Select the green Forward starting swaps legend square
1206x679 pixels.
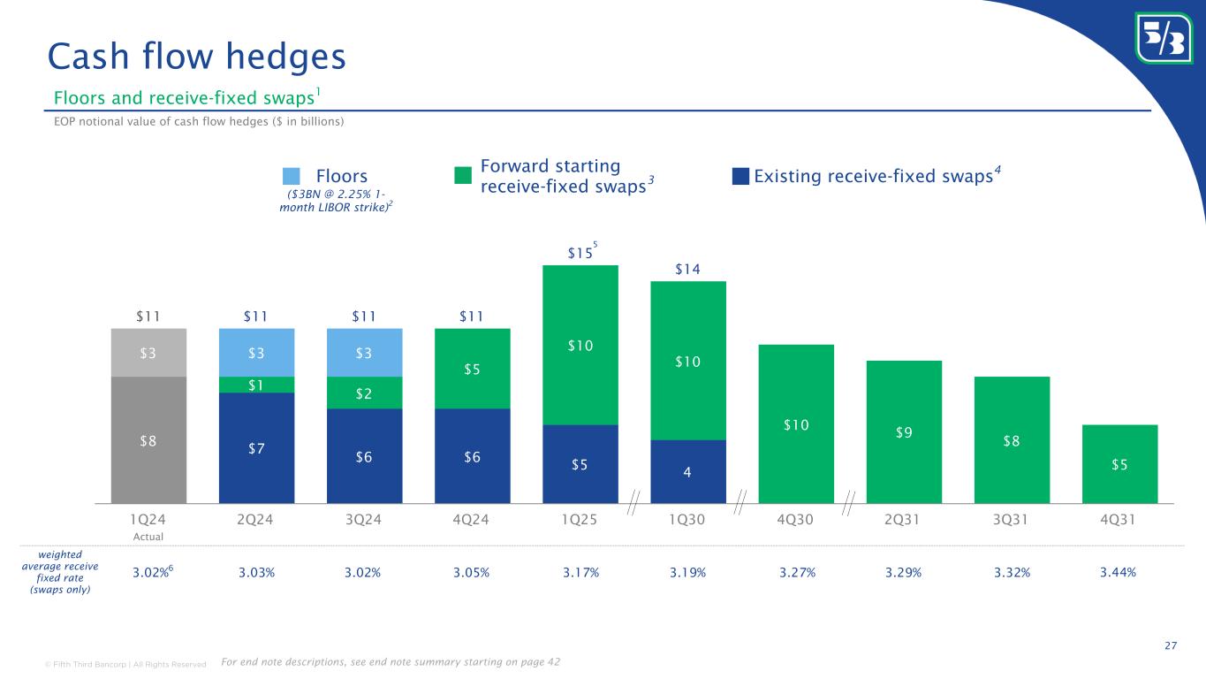click(x=462, y=176)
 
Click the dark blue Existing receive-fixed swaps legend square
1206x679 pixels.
click(x=740, y=177)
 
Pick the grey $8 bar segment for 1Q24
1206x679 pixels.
click(x=148, y=439)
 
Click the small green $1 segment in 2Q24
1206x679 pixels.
click(x=256, y=385)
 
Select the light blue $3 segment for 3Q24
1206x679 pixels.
click(x=364, y=353)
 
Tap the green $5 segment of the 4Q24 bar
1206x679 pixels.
click(x=472, y=369)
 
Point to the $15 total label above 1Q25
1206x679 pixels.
click(x=580, y=254)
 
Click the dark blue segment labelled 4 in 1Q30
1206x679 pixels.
click(x=687, y=471)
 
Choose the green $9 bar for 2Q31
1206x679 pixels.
click(x=904, y=431)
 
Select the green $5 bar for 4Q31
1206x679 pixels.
click(x=1119, y=463)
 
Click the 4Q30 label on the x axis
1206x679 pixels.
click(x=795, y=520)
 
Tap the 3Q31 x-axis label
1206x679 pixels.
click(x=1012, y=520)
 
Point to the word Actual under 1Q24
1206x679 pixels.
click(x=148, y=536)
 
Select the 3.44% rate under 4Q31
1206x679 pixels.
click(x=1118, y=572)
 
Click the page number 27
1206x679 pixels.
click(x=1171, y=646)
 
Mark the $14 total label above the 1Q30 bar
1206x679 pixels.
click(x=687, y=270)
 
